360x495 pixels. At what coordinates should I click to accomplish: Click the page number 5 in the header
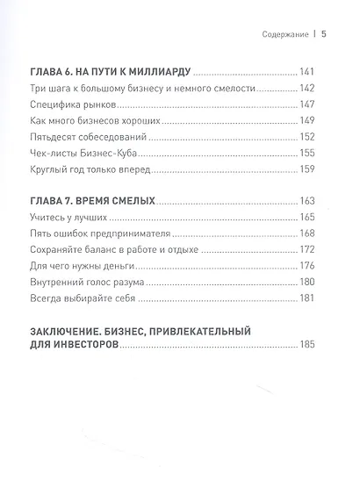(x=323, y=36)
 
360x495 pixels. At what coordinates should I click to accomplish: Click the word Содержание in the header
(x=285, y=36)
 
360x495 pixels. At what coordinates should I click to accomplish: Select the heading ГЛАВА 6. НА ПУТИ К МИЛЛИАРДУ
(x=109, y=72)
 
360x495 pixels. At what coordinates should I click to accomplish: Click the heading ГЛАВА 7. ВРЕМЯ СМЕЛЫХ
(x=93, y=202)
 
